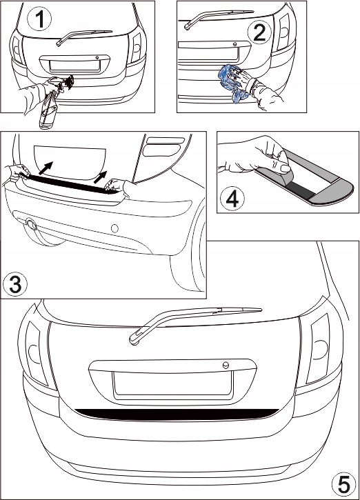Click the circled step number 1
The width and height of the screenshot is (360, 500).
(x=39, y=19)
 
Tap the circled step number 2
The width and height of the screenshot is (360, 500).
(x=259, y=32)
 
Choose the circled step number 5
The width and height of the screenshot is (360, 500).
(x=344, y=485)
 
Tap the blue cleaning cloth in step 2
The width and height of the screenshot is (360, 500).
(x=233, y=83)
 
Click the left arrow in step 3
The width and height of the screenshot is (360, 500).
(x=46, y=168)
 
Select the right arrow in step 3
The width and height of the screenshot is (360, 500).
(x=101, y=177)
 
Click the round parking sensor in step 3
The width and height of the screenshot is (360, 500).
(x=114, y=228)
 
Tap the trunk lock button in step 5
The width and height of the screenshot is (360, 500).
(x=226, y=365)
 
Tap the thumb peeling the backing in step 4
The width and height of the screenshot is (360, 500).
(x=282, y=168)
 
